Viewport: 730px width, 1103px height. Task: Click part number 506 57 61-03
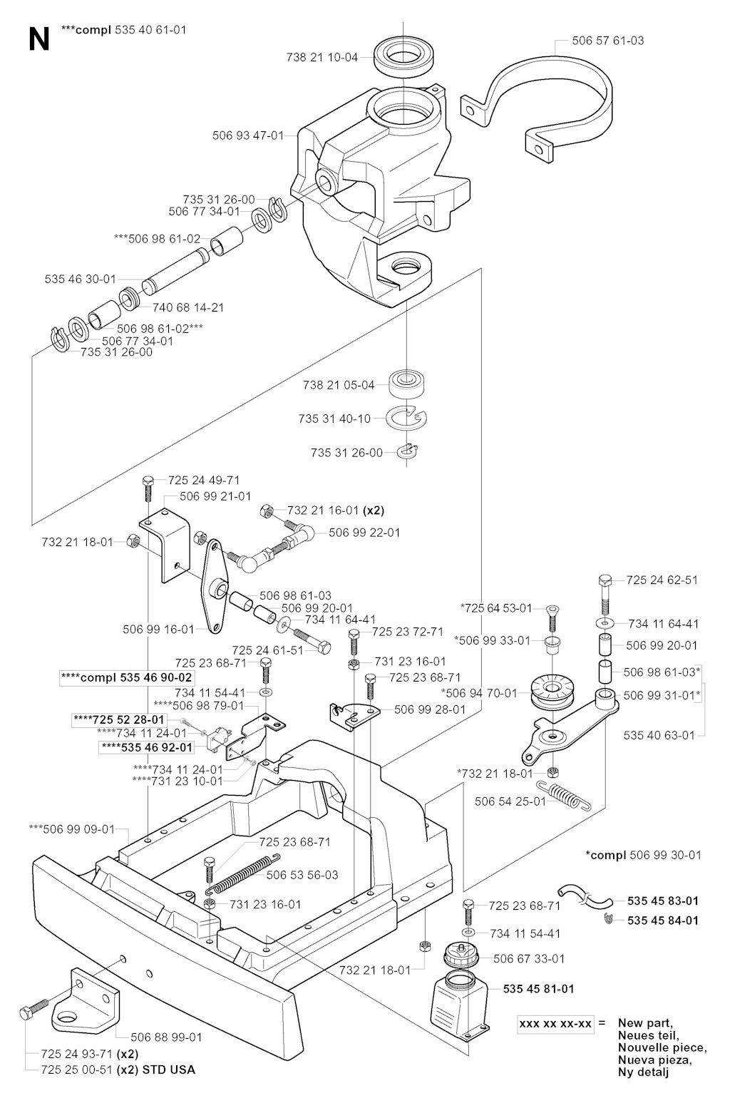(607, 41)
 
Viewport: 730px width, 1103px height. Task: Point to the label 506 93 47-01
(248, 135)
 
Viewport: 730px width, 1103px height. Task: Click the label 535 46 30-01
(80, 279)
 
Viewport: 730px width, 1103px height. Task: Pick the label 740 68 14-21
(188, 307)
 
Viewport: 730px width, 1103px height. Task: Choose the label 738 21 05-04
(338, 385)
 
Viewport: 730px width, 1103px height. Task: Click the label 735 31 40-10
(334, 419)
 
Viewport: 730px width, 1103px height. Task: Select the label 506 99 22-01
(364, 533)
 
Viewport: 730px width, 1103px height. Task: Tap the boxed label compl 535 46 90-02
(127, 677)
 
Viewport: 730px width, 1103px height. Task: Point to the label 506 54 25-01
(510, 801)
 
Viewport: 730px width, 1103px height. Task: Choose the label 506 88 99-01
(166, 1037)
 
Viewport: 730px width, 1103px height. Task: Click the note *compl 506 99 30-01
(643, 854)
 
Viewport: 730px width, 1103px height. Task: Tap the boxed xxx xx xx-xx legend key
(556, 1024)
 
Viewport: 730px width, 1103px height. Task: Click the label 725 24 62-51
(662, 580)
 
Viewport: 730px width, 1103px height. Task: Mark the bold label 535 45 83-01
(663, 901)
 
